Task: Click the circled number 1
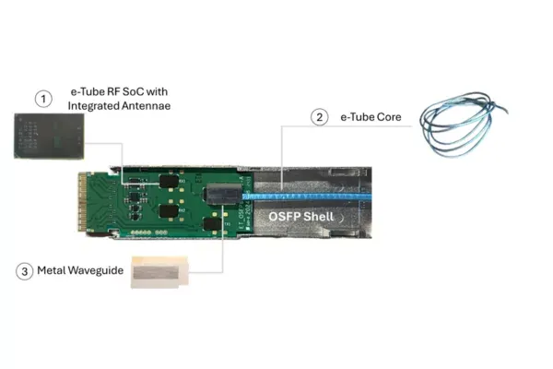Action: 43,99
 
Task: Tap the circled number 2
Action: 320,117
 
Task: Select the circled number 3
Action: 24,271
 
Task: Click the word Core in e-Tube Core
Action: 388,117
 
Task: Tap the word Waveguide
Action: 95,270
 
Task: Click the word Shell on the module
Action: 320,216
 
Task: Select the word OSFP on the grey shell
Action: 284,216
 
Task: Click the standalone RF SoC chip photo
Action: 49,136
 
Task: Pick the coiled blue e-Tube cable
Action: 463,124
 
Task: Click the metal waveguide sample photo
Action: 159,272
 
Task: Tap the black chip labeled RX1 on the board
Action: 169,181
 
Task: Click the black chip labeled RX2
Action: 169,211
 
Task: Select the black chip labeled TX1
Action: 212,223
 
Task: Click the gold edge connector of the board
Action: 83,202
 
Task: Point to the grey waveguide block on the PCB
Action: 224,194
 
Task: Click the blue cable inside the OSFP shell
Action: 307,196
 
